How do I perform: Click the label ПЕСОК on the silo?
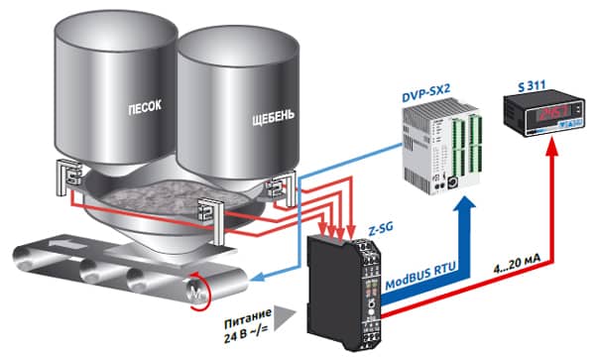(x=145, y=107)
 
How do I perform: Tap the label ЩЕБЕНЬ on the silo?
(x=274, y=116)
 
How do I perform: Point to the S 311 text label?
(x=532, y=85)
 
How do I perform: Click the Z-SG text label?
(x=381, y=229)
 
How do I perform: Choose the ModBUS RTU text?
(x=420, y=278)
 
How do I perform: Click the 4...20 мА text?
(x=517, y=263)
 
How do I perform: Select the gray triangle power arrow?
(x=283, y=316)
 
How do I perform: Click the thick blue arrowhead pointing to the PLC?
(x=464, y=205)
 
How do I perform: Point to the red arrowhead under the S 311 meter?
(x=553, y=147)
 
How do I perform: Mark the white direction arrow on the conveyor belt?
(x=69, y=244)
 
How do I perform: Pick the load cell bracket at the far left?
(x=68, y=176)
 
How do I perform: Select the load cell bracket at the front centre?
(x=211, y=221)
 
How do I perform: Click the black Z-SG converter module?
(x=344, y=292)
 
